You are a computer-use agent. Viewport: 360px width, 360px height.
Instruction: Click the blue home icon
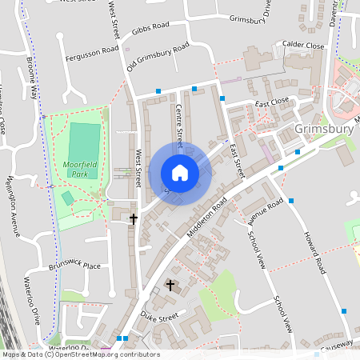tap(180, 173)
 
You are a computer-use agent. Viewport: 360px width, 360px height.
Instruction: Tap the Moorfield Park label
tap(80, 169)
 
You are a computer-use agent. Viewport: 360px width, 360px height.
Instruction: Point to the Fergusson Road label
tap(93, 50)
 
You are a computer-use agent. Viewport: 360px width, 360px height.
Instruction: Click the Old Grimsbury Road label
tap(158, 58)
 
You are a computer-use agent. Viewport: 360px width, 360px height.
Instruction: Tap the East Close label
tap(272, 102)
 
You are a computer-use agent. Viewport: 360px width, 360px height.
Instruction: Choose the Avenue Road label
tap(266, 210)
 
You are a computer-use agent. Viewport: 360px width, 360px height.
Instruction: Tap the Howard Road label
tap(315, 251)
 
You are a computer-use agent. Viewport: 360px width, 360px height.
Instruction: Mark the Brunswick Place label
tap(75, 265)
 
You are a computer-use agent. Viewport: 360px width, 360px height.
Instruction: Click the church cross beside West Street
tap(134, 218)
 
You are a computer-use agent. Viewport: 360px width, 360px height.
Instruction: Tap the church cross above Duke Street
tap(170, 285)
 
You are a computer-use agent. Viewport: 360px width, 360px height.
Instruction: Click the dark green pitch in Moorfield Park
tap(84, 141)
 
